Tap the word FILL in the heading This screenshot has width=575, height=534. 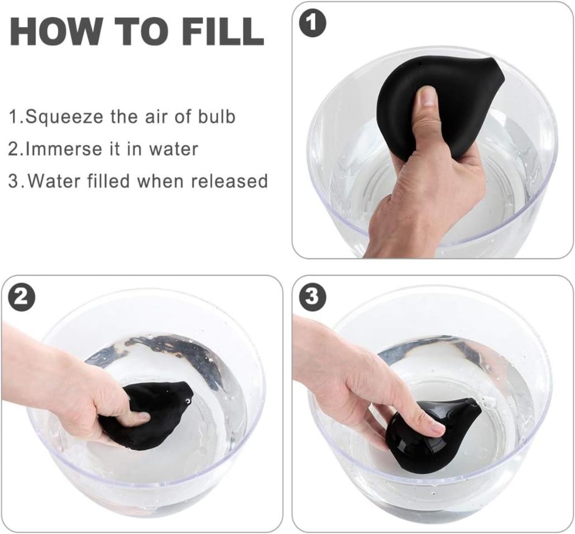225,32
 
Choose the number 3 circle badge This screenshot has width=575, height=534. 312,297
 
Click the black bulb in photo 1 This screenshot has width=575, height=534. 437,106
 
